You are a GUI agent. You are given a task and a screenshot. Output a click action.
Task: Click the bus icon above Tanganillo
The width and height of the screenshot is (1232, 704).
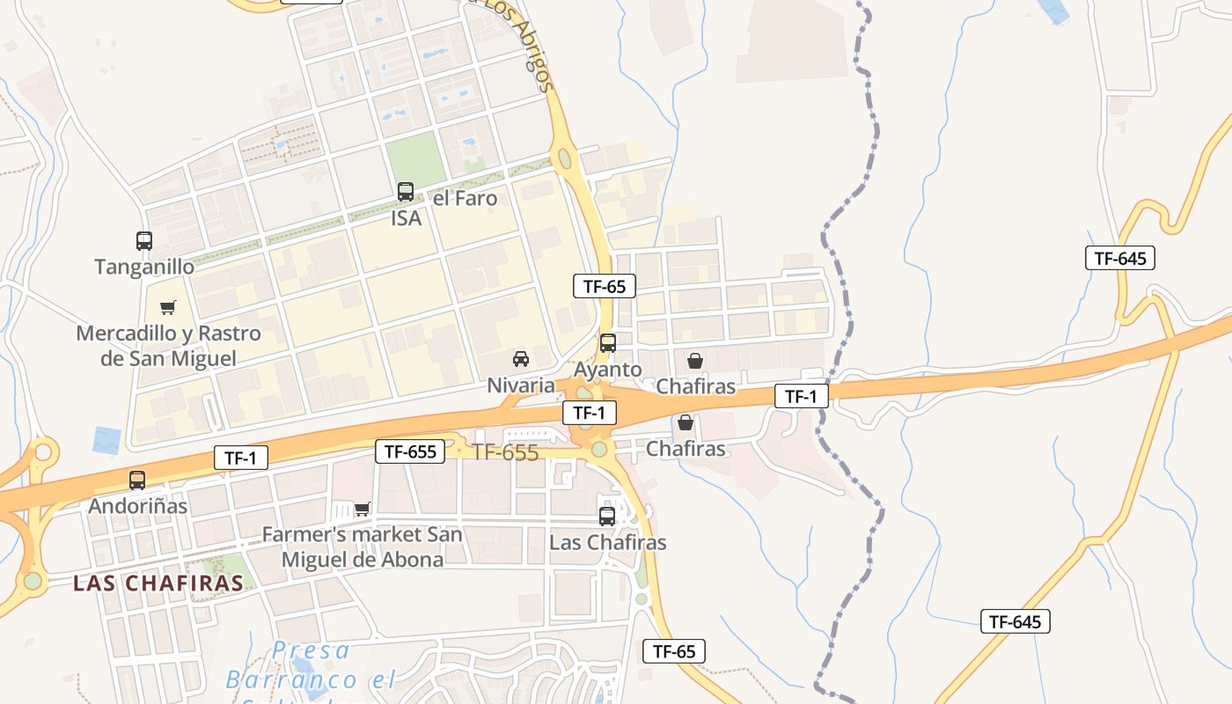pyautogui.click(x=144, y=240)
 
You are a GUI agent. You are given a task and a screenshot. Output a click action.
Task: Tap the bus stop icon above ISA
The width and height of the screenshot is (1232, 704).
pyautogui.click(x=406, y=192)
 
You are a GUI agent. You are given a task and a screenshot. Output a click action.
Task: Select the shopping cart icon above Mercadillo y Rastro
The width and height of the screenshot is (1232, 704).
pyautogui.click(x=167, y=307)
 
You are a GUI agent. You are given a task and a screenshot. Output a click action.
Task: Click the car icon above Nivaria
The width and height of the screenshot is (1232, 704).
pyautogui.click(x=521, y=358)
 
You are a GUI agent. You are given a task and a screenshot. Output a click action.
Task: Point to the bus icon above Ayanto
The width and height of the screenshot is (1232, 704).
pyautogui.click(x=608, y=343)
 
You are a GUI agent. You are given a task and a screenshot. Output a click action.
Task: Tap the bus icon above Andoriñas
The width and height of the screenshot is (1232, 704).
pyautogui.click(x=137, y=480)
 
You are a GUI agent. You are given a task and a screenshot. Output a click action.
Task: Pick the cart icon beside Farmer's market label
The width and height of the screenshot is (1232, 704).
pyautogui.click(x=362, y=509)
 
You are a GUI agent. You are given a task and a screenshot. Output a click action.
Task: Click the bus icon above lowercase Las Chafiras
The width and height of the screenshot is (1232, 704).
pyautogui.click(x=607, y=517)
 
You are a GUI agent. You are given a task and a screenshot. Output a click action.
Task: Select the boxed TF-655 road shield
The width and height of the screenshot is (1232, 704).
pyautogui.click(x=409, y=452)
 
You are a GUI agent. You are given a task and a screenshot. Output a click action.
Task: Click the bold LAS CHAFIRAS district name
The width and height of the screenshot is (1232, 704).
pyautogui.click(x=158, y=583)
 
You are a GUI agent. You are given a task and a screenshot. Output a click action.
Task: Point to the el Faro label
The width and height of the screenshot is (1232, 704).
pyautogui.click(x=466, y=199)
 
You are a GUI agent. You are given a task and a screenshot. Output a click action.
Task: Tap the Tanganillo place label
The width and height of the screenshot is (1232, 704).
pyautogui.click(x=144, y=267)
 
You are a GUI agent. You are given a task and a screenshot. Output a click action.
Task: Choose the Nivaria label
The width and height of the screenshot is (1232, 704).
pyautogui.click(x=521, y=385)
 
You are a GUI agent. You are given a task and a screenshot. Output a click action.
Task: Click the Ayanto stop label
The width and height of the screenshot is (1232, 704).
pyautogui.click(x=608, y=370)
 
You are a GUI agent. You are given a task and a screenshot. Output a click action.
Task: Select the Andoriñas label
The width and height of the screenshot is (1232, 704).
pyautogui.click(x=137, y=506)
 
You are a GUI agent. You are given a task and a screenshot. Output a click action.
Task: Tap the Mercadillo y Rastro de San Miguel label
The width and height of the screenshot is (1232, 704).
pyautogui.click(x=168, y=346)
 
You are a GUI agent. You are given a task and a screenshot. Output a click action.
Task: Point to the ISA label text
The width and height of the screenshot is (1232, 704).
pyautogui.click(x=407, y=218)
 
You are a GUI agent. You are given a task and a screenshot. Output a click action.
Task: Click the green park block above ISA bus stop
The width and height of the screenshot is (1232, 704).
pyautogui.click(x=414, y=158)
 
